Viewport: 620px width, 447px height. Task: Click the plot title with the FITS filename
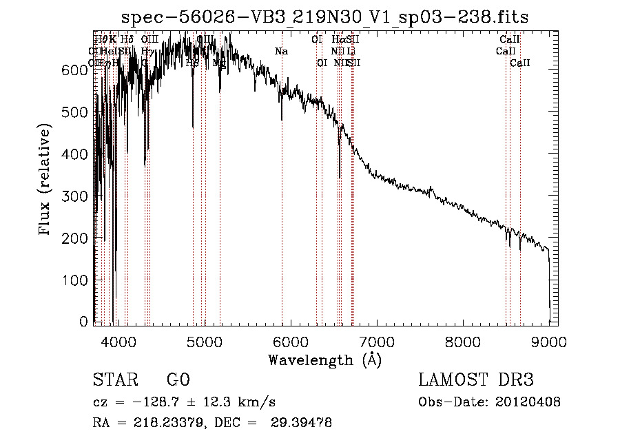pos(326,17)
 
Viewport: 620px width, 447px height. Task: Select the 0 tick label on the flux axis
pos(83,322)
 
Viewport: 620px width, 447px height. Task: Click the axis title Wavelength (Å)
pos(324,360)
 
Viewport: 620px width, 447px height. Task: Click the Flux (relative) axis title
pos(45,180)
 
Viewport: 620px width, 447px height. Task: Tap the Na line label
pos(281,52)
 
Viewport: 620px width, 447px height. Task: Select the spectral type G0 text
pos(178,381)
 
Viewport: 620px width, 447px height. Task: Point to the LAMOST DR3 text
pos(476,381)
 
